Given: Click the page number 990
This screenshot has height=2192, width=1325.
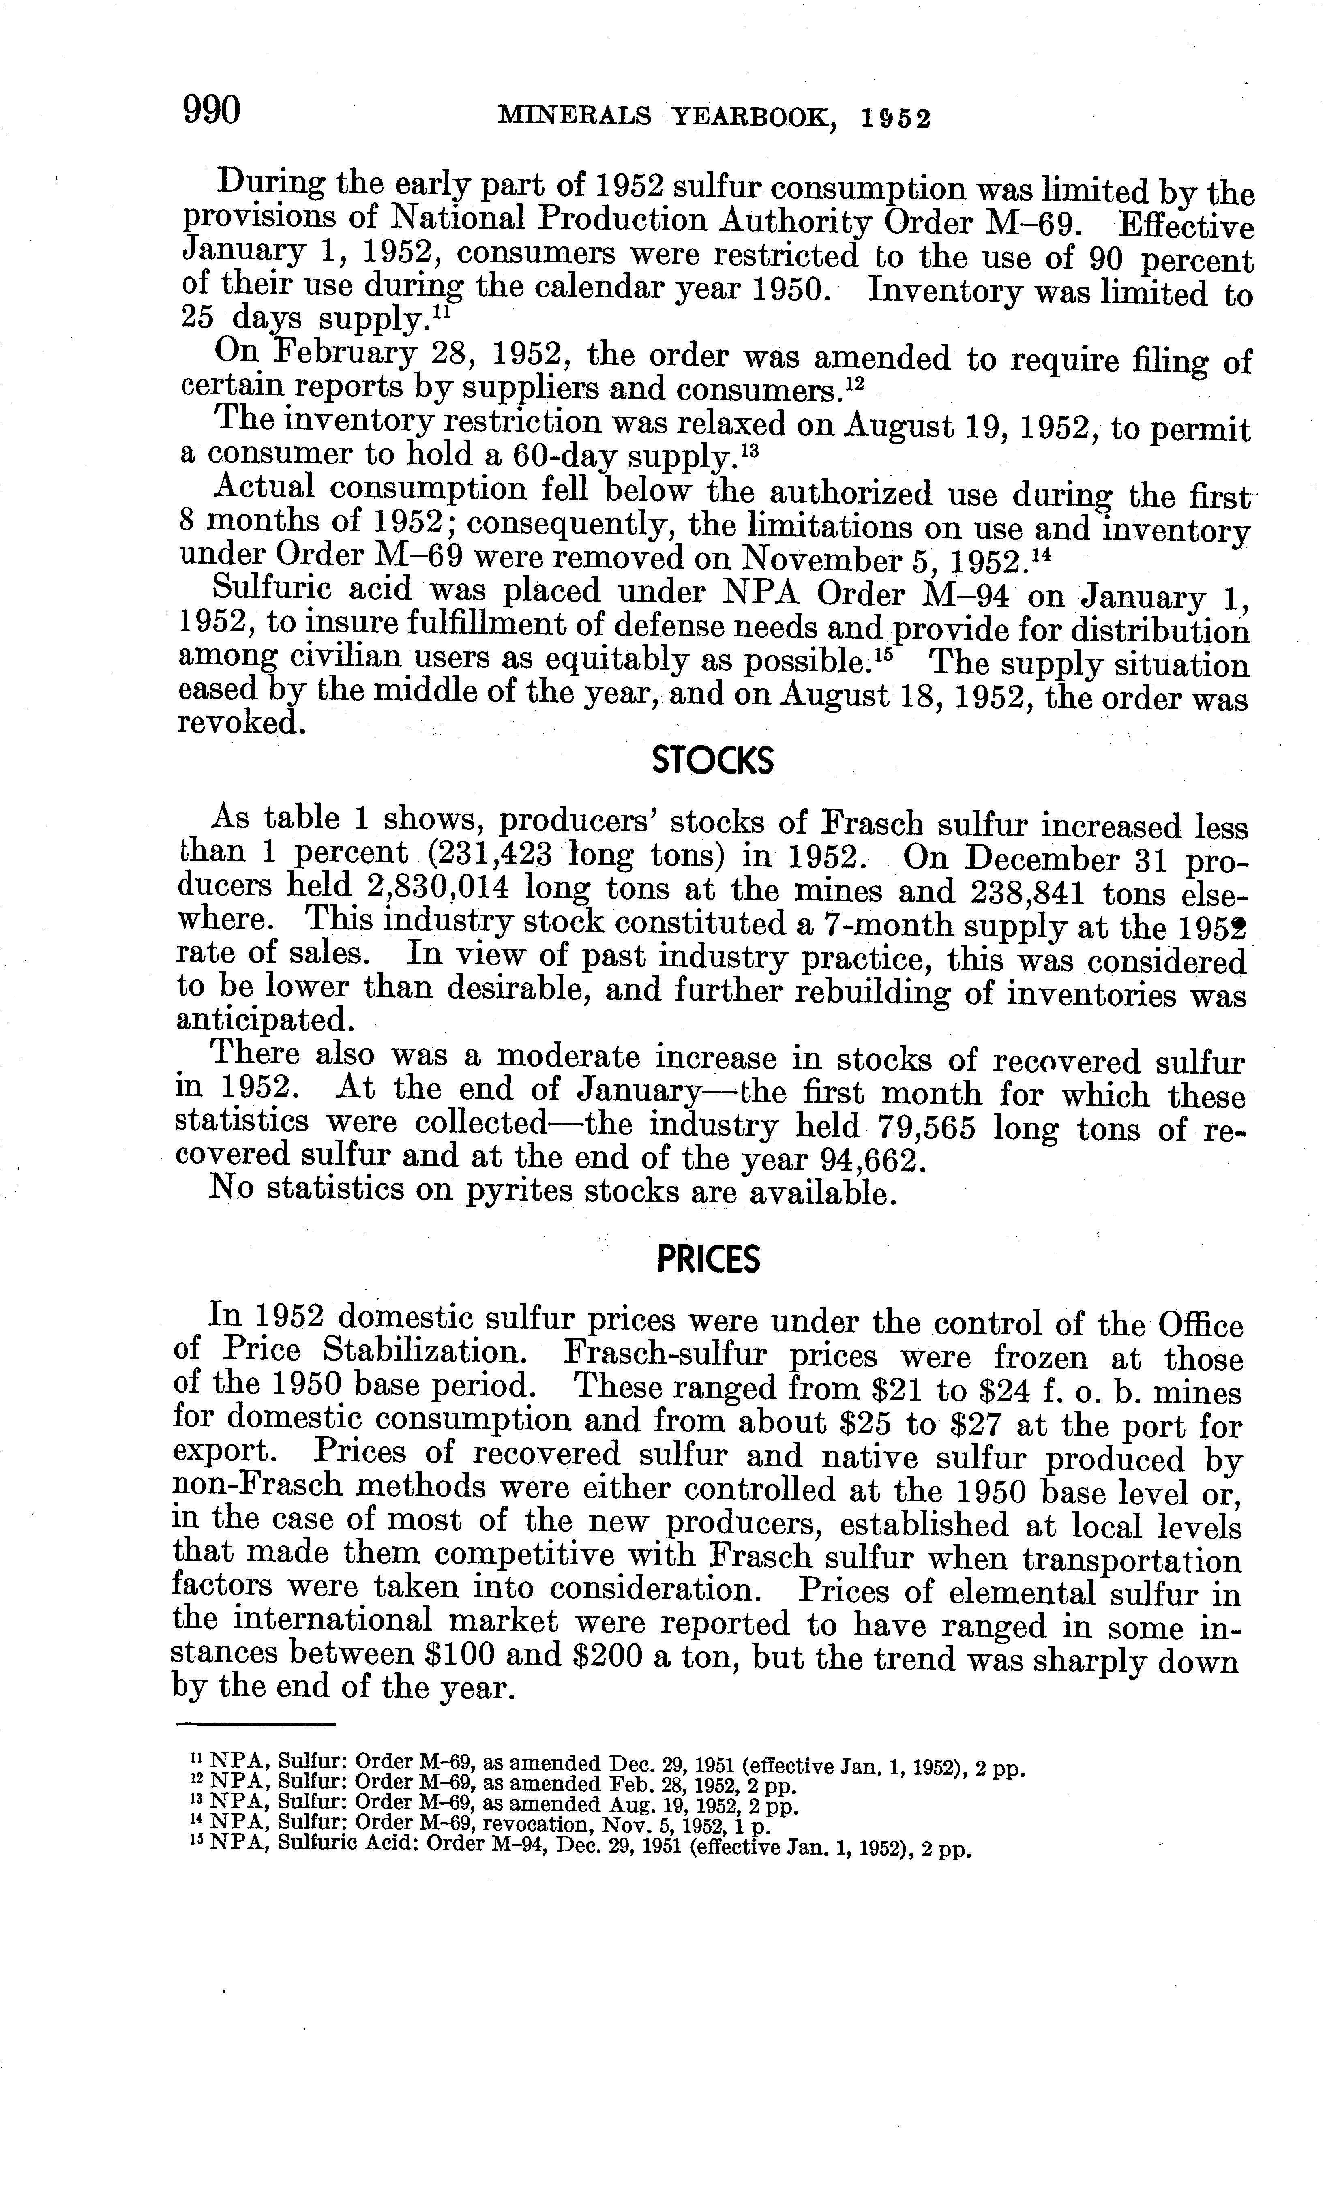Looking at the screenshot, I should pyautogui.click(x=212, y=111).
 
